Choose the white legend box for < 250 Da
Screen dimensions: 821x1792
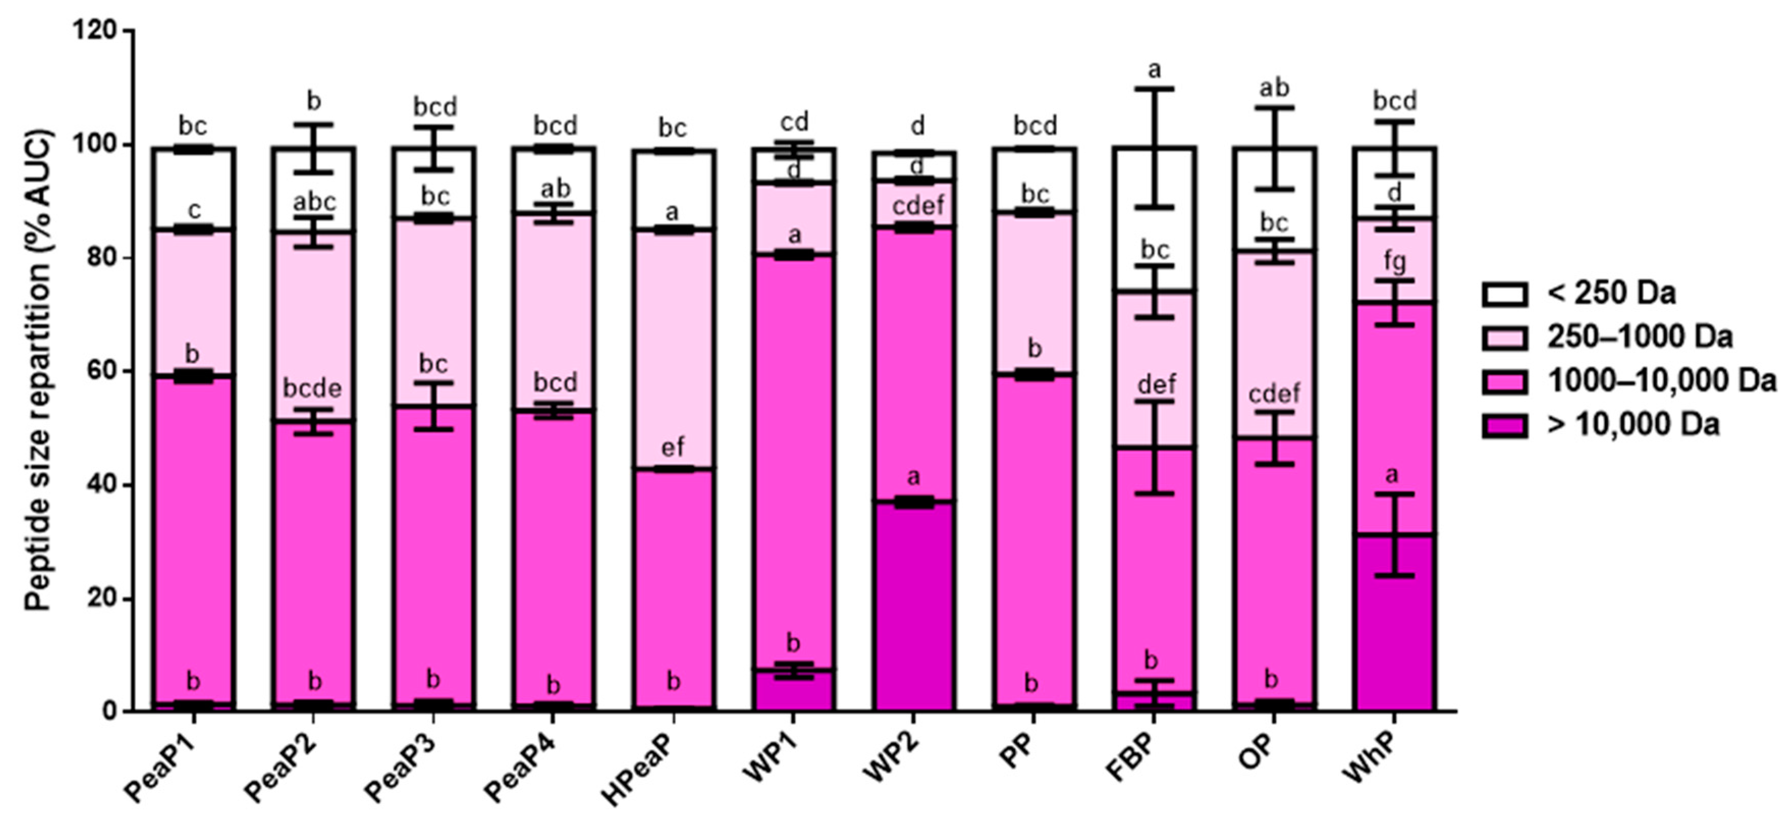pos(1505,294)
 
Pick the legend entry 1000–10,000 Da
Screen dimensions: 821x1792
pos(1661,381)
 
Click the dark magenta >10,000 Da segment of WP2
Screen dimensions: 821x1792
pos(913,605)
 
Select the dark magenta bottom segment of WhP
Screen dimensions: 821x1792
pos(1394,626)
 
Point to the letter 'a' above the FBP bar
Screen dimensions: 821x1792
pos(1155,70)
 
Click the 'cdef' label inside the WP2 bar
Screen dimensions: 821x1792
pos(918,207)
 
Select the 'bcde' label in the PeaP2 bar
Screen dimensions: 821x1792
pos(312,388)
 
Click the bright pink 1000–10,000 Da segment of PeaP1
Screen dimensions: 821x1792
pos(193,542)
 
